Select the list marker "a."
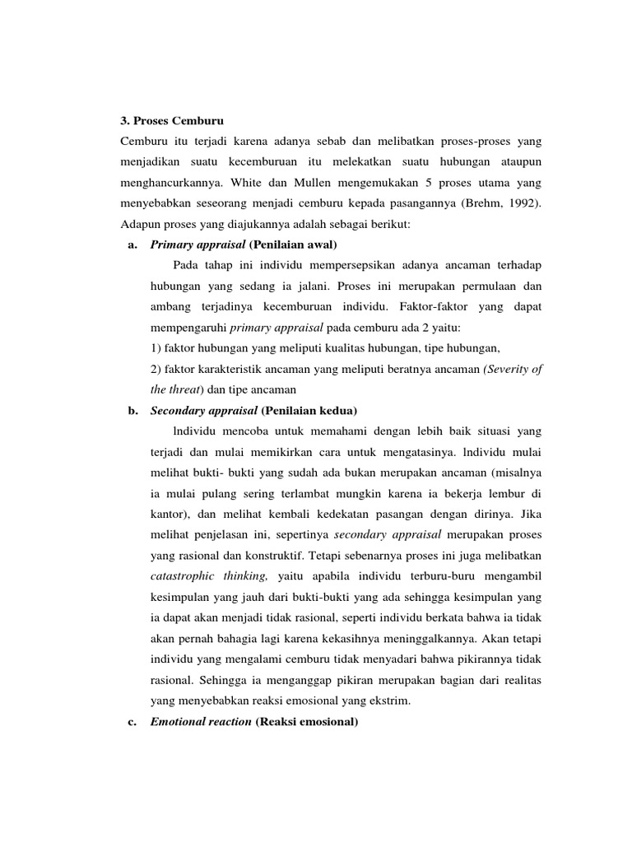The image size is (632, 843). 132,245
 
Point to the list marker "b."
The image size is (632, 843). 132,411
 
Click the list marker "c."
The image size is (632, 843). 132,722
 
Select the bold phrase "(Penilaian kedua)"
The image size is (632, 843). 309,411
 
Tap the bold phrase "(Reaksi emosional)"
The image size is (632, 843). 307,722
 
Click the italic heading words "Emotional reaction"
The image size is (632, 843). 201,722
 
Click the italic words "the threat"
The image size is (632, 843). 174,389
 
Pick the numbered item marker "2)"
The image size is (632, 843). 156,369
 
